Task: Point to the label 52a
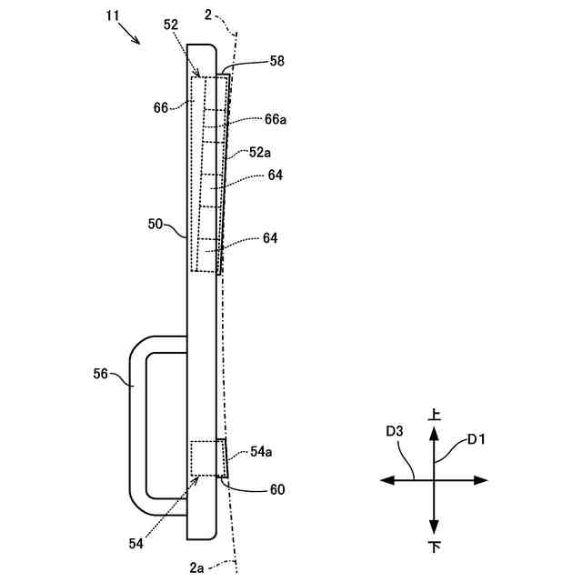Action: (261, 154)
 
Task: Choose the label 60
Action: (276, 489)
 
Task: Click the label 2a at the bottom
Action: (197, 567)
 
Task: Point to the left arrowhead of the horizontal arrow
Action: (386, 479)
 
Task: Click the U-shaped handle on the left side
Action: (136, 418)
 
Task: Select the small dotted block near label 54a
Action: (206, 457)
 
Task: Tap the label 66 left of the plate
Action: (161, 107)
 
